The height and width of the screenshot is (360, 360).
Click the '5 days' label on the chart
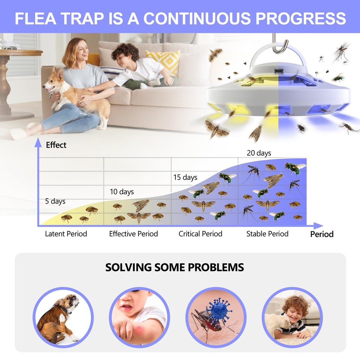55,201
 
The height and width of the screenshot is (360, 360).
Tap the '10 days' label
121,192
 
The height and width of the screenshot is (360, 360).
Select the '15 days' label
185,177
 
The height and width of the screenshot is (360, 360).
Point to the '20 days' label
259,153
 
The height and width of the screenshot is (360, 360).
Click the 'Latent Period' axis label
66,234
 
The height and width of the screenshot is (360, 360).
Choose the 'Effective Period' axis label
133,234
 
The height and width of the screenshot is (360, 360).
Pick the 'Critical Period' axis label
200,234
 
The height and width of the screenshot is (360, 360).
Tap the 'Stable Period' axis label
267,234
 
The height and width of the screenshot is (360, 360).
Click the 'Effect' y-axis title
56,145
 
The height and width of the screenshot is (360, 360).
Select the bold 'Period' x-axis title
322,234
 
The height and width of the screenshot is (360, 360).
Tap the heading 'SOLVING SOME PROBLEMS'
174,267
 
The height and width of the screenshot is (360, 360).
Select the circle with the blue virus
215,317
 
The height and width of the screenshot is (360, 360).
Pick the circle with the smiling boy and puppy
292,317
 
